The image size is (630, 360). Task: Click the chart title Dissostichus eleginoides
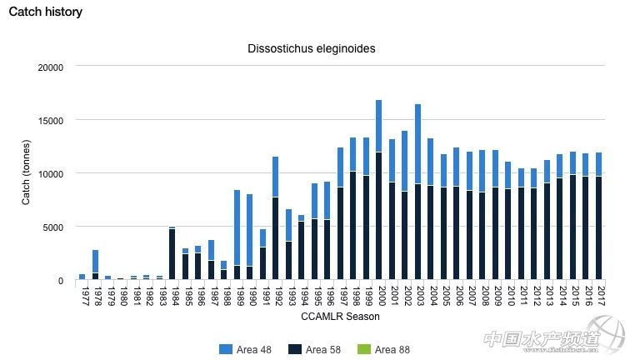312,48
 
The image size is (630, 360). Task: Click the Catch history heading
46,12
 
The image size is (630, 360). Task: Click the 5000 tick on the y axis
52,227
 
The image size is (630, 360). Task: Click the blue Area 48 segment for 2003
417,144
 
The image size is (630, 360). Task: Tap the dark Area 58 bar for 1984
172,254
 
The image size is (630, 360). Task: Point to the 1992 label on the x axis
276,296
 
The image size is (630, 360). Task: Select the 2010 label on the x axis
508,296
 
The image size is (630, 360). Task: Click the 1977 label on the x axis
82,296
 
